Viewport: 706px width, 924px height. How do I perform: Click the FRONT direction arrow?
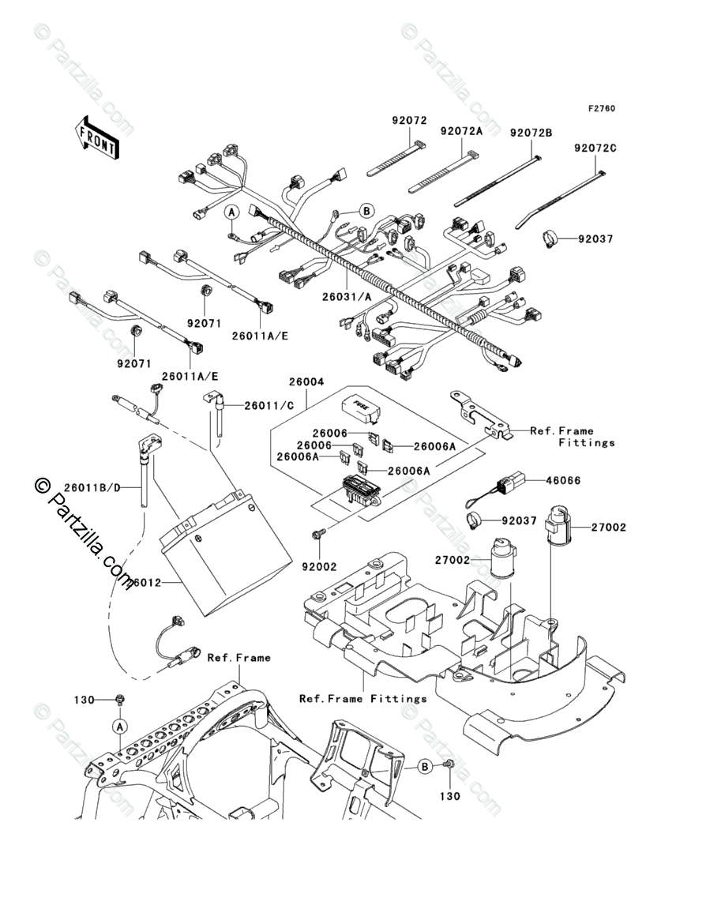pos(96,136)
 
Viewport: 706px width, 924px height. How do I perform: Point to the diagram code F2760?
pos(600,109)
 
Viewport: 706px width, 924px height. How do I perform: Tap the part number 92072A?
pos(461,132)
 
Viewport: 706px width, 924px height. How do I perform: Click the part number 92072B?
pos(530,132)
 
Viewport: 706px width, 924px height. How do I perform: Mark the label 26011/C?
pos(269,405)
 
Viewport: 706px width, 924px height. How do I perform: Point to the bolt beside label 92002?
pos(318,535)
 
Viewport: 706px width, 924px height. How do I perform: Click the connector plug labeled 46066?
pos(513,481)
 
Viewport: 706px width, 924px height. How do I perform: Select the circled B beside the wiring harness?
pos(366,210)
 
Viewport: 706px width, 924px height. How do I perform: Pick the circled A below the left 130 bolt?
pos(118,726)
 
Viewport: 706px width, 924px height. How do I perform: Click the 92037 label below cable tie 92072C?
pos(599,238)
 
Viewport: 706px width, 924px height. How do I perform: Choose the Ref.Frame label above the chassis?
pos(238,657)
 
